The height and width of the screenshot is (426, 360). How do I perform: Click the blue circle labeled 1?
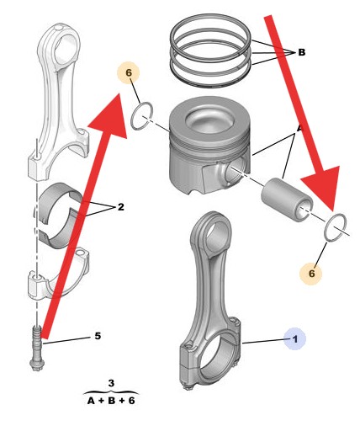[294, 339]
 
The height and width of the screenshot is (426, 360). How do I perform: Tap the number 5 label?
[98, 336]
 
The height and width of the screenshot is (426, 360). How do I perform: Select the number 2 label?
[120, 207]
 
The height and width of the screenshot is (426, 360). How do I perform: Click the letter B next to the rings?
[301, 52]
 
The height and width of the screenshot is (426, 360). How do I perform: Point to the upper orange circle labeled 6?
[129, 72]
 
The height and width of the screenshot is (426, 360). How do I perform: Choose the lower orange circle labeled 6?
[311, 273]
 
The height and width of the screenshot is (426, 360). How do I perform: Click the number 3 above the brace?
[111, 383]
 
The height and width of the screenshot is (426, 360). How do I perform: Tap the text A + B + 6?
[111, 401]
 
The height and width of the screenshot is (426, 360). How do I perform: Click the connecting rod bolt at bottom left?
[36, 348]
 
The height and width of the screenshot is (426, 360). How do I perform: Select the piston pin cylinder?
[287, 200]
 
